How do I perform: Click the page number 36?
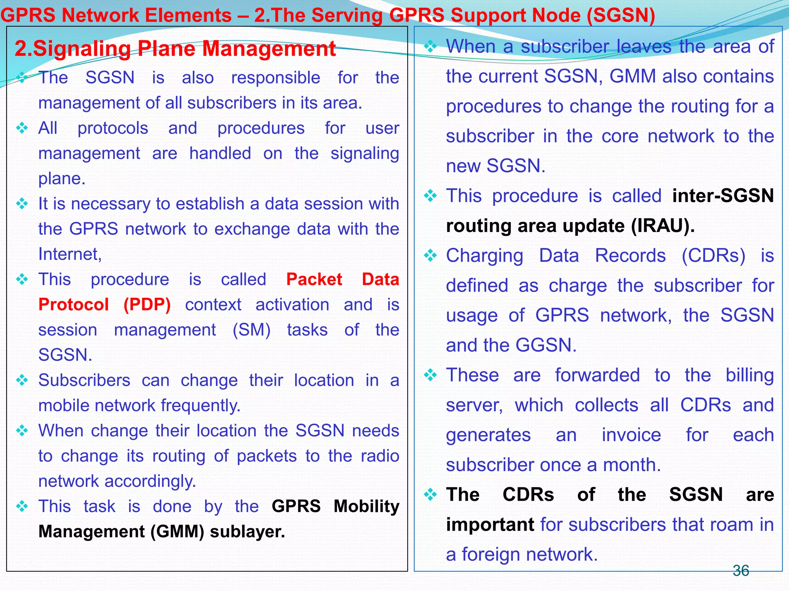740,571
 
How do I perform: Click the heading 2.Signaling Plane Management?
175,49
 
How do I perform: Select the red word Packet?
314,279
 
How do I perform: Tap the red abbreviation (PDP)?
147,305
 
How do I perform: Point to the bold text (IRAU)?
663,226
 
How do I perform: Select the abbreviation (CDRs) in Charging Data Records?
713,256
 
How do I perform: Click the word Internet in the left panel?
69,254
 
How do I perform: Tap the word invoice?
631,435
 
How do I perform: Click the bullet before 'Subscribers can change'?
22,380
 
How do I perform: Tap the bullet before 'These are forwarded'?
430,375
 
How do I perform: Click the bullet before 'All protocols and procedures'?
22,128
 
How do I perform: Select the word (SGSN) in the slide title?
621,15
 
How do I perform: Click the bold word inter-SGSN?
723,196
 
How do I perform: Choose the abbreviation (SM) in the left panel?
252,330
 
